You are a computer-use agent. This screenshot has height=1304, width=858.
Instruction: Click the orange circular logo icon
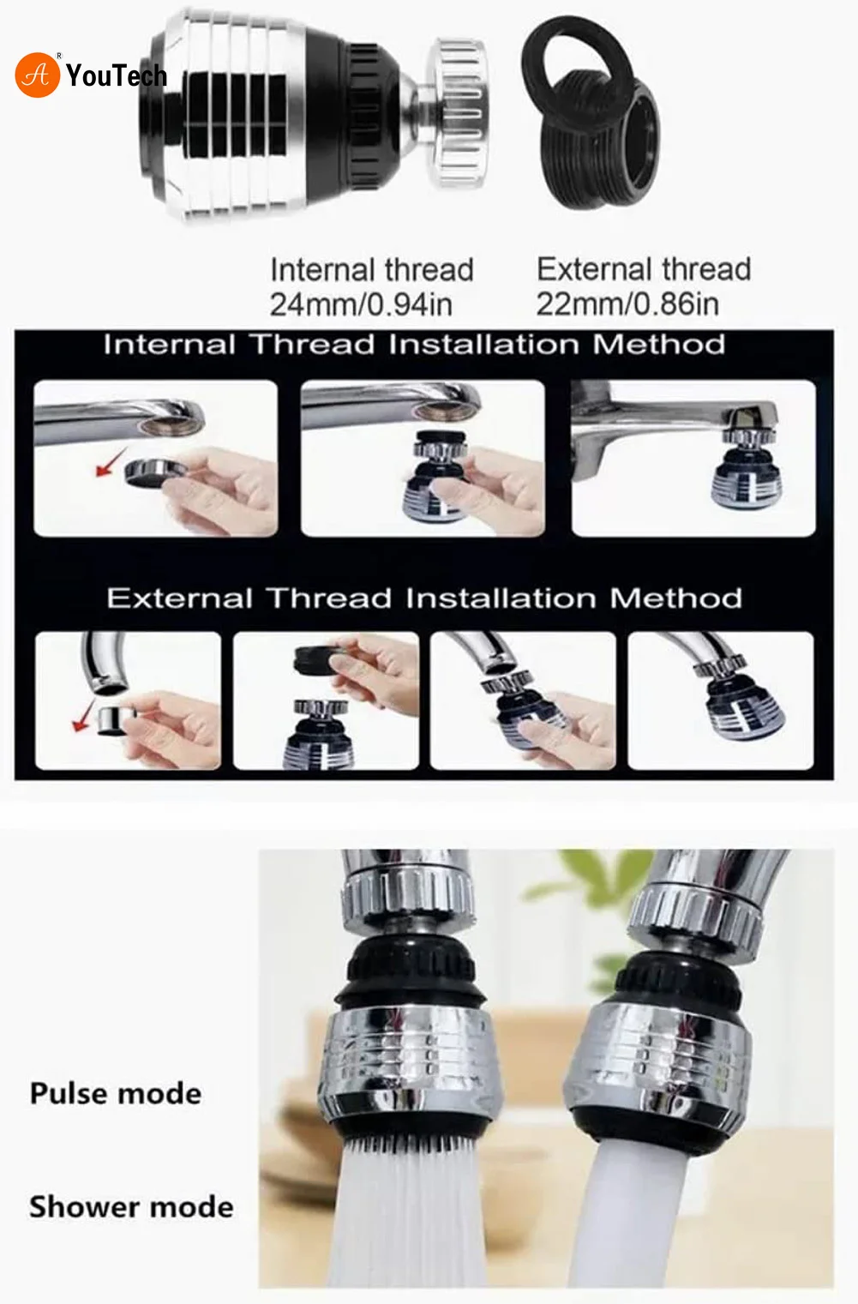tap(37, 75)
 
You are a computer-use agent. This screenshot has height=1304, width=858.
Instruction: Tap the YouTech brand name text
tap(116, 76)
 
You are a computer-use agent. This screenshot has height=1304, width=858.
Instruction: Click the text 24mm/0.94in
tap(361, 304)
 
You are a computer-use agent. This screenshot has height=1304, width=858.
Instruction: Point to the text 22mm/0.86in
tap(627, 304)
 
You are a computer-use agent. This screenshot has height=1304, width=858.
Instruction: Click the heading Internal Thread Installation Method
tap(414, 345)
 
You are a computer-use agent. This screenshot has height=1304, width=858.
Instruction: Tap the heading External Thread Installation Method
tap(424, 598)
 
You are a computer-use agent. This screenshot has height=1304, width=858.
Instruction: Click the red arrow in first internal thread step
tap(107, 464)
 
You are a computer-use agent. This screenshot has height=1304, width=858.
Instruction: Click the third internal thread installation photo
tap(693, 459)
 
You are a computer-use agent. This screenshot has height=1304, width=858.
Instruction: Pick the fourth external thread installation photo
tap(720, 700)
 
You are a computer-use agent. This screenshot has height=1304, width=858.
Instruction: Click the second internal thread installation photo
tap(423, 459)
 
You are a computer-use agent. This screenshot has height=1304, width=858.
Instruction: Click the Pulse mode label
tap(116, 1094)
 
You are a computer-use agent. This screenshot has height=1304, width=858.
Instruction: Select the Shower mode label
tap(131, 1207)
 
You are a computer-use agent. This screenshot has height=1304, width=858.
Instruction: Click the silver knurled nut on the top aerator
tap(459, 111)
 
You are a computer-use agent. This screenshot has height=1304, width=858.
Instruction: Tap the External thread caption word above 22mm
tap(644, 269)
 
